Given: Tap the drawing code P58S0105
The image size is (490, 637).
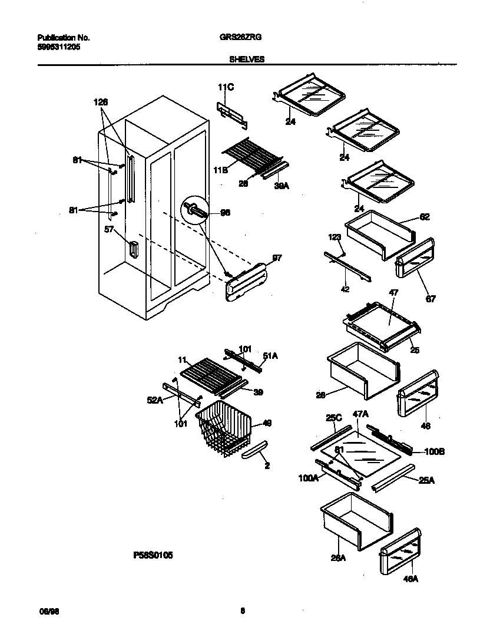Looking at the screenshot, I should click(153, 555).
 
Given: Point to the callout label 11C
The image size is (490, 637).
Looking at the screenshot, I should click(226, 88).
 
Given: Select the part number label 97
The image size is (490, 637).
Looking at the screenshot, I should click(276, 258).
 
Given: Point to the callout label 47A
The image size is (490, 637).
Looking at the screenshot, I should click(360, 415).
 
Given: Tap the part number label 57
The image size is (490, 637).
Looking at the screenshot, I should click(109, 230).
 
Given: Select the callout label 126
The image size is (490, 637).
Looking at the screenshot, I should click(101, 102).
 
